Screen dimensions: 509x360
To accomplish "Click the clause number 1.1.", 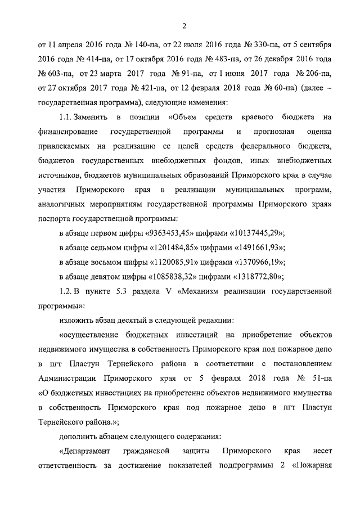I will (67, 117).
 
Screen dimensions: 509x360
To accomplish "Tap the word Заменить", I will (96, 117).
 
